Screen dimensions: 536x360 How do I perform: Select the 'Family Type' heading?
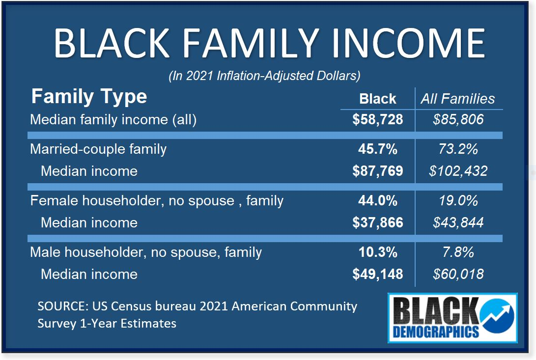89,97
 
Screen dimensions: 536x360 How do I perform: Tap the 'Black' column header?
378,99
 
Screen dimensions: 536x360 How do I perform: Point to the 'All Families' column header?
458,99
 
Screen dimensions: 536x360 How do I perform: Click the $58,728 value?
378,120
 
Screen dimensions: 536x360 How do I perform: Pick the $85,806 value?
458,120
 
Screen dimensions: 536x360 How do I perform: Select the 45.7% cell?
378,149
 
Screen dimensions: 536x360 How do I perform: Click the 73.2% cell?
458,149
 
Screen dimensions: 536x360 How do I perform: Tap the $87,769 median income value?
378,171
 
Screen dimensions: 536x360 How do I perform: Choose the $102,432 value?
458,171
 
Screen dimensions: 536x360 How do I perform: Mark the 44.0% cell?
378,201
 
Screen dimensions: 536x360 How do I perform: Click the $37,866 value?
378,222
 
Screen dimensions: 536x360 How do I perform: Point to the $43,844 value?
458,222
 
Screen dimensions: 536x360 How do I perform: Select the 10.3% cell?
378,252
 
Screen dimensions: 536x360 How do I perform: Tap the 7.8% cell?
458,252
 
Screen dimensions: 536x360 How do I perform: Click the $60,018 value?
458,274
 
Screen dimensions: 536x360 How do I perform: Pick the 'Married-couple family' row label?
98,149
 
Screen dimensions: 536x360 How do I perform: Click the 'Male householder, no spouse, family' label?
146,252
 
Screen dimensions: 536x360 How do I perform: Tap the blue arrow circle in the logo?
497,316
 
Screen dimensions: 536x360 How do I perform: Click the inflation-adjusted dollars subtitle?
265,76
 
